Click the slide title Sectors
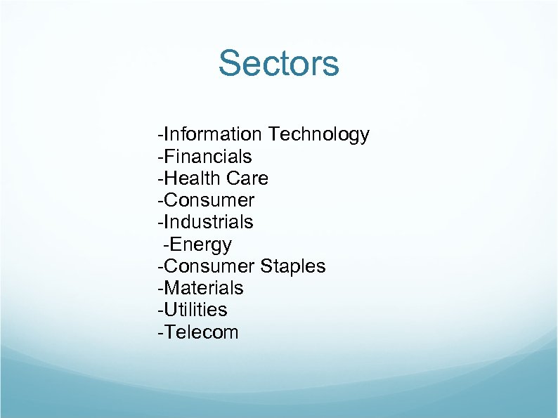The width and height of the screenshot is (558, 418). click(278, 63)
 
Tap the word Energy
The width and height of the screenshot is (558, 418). click(200, 244)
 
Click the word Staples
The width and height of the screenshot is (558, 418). click(293, 266)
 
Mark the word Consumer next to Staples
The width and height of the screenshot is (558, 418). click(209, 266)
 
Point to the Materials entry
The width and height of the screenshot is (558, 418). click(203, 288)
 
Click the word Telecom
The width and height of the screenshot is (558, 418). click(201, 332)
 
